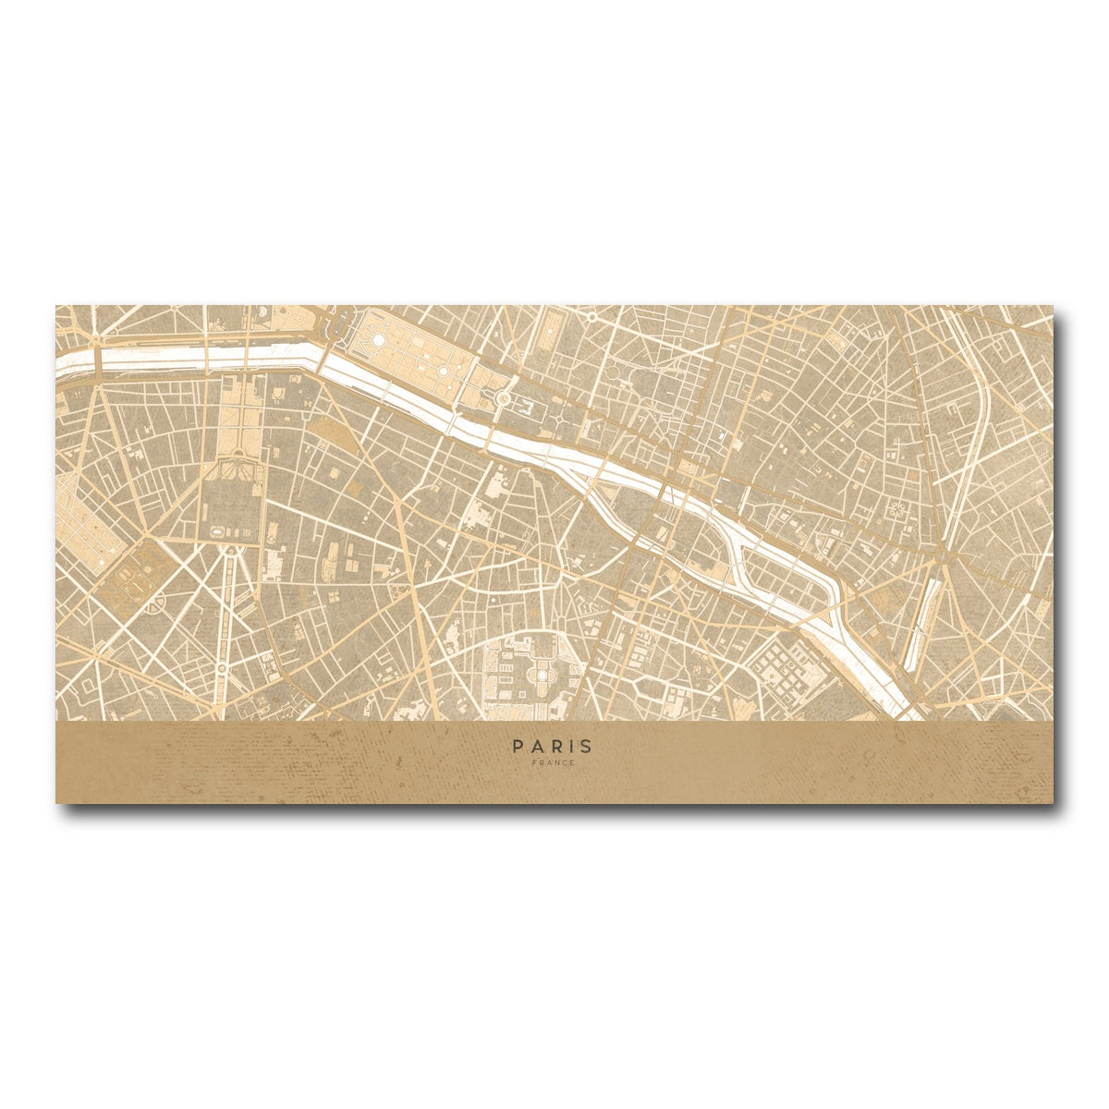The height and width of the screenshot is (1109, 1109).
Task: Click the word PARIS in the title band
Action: coord(554,746)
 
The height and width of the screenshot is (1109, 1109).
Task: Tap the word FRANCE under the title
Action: coord(554,763)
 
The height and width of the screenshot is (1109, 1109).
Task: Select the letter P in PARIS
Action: coord(519,746)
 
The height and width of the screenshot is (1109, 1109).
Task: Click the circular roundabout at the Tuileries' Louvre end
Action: coord(504,397)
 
